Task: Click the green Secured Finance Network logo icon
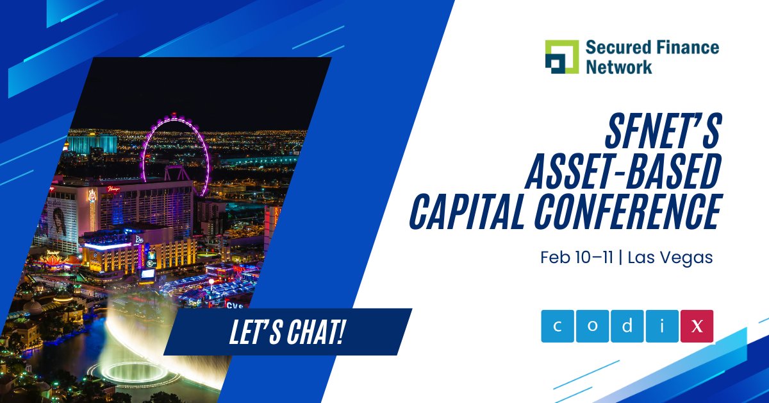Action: [561, 56]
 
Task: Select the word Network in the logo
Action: [618, 66]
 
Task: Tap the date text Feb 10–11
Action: [576, 258]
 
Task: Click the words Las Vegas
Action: [670, 258]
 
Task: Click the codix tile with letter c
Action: [557, 326]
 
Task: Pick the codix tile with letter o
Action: [592, 326]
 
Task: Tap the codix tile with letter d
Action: [627, 326]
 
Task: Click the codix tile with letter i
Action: [661, 326]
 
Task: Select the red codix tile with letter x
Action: [697, 326]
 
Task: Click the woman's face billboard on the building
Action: [60, 221]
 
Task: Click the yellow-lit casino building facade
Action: [112, 255]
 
